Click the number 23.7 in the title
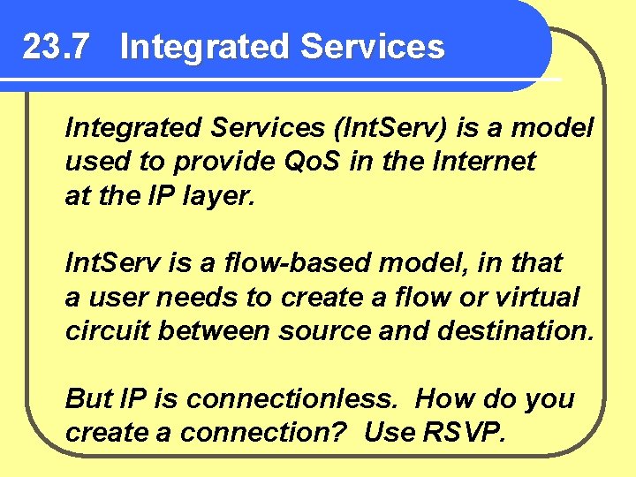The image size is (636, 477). point(55,47)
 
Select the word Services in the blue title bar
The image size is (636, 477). point(372,47)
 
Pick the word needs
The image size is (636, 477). point(183,297)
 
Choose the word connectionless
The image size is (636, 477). point(292,398)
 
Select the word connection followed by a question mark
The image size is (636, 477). point(255,433)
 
